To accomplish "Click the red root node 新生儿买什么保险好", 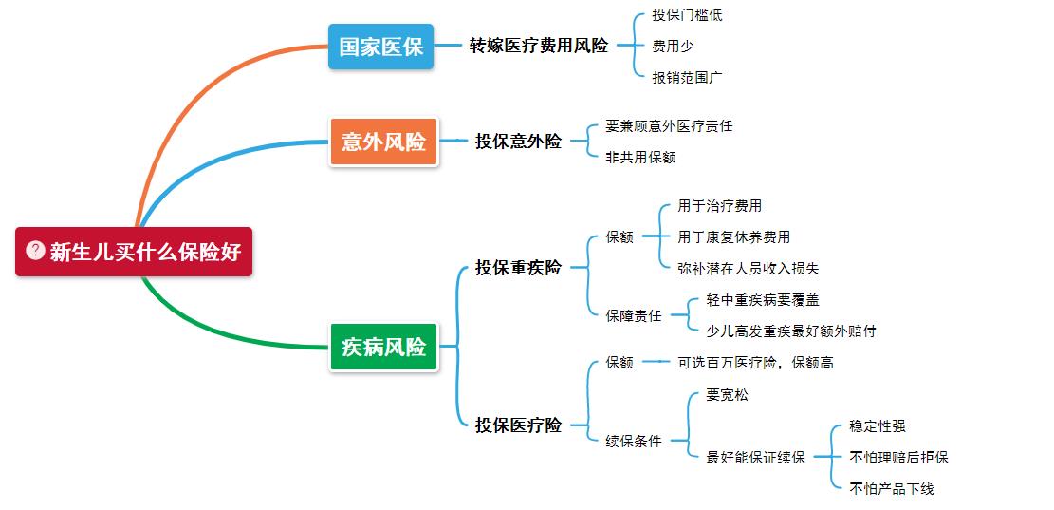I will click(134, 252).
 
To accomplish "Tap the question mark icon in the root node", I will click(36, 251).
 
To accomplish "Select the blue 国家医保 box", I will click(380, 47).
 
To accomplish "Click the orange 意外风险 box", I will click(383, 142).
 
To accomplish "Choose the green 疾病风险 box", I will click(383, 347).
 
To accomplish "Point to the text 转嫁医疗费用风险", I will click(538, 46).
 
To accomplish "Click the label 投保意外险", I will click(518, 142).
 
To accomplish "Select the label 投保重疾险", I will click(518, 268).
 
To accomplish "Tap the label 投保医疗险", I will click(518, 425).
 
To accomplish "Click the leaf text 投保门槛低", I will click(687, 15).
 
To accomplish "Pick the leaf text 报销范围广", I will click(687, 78).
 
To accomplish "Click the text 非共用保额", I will click(640, 158).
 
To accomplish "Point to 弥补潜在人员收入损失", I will click(749, 269).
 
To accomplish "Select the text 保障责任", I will click(634, 315).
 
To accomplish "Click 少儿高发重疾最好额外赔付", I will click(791, 331).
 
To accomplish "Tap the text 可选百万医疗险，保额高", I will click(755, 363).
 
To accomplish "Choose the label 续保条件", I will click(634, 441).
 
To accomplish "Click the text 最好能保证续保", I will click(755, 457).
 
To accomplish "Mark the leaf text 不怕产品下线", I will click(892, 488).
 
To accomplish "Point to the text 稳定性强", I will click(878, 426).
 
